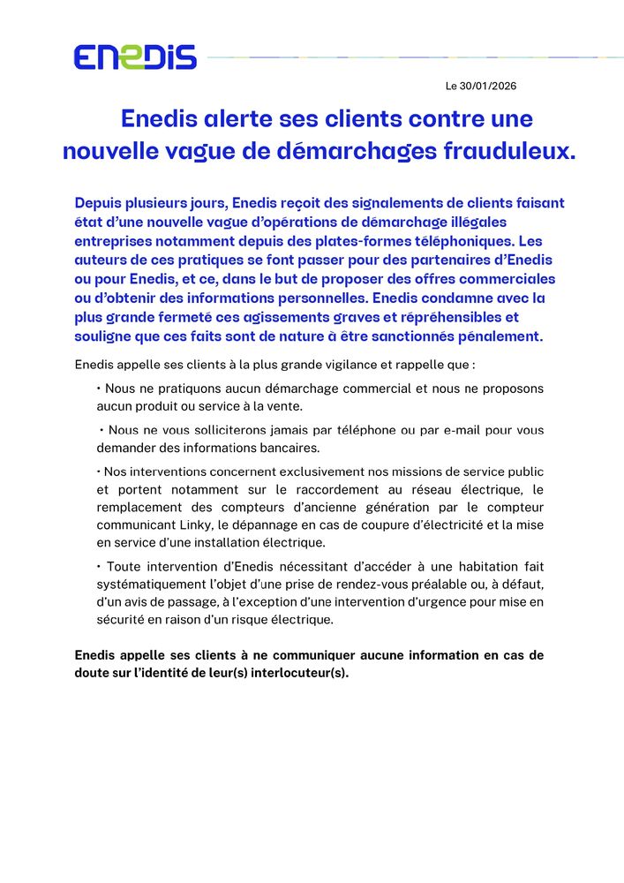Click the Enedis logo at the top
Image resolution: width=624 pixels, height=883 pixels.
pyautogui.click(x=135, y=57)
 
